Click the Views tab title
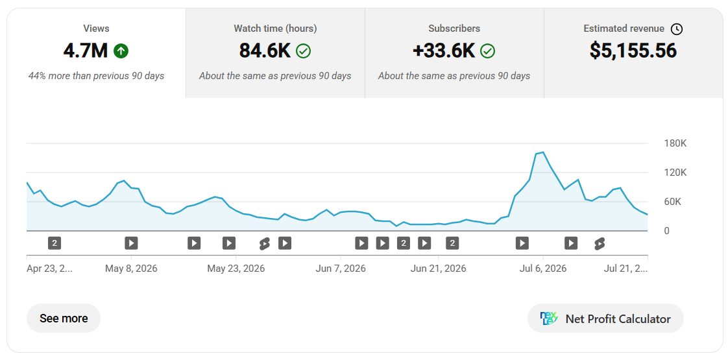(96, 29)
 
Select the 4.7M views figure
(86, 51)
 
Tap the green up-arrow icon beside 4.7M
(121, 51)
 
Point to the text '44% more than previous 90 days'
(96, 76)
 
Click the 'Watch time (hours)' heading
(275, 29)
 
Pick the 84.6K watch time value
(265, 51)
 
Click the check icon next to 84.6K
(304, 51)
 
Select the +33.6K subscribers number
(444, 51)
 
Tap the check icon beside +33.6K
(487, 51)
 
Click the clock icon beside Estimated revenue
(677, 29)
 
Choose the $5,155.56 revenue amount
(633, 51)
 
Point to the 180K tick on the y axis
(675, 143)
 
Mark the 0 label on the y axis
(667, 230)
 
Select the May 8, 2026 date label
(131, 269)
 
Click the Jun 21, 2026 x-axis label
(438, 269)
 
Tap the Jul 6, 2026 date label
(542, 269)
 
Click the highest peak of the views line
(542, 152)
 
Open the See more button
(64, 318)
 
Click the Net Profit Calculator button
(605, 318)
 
